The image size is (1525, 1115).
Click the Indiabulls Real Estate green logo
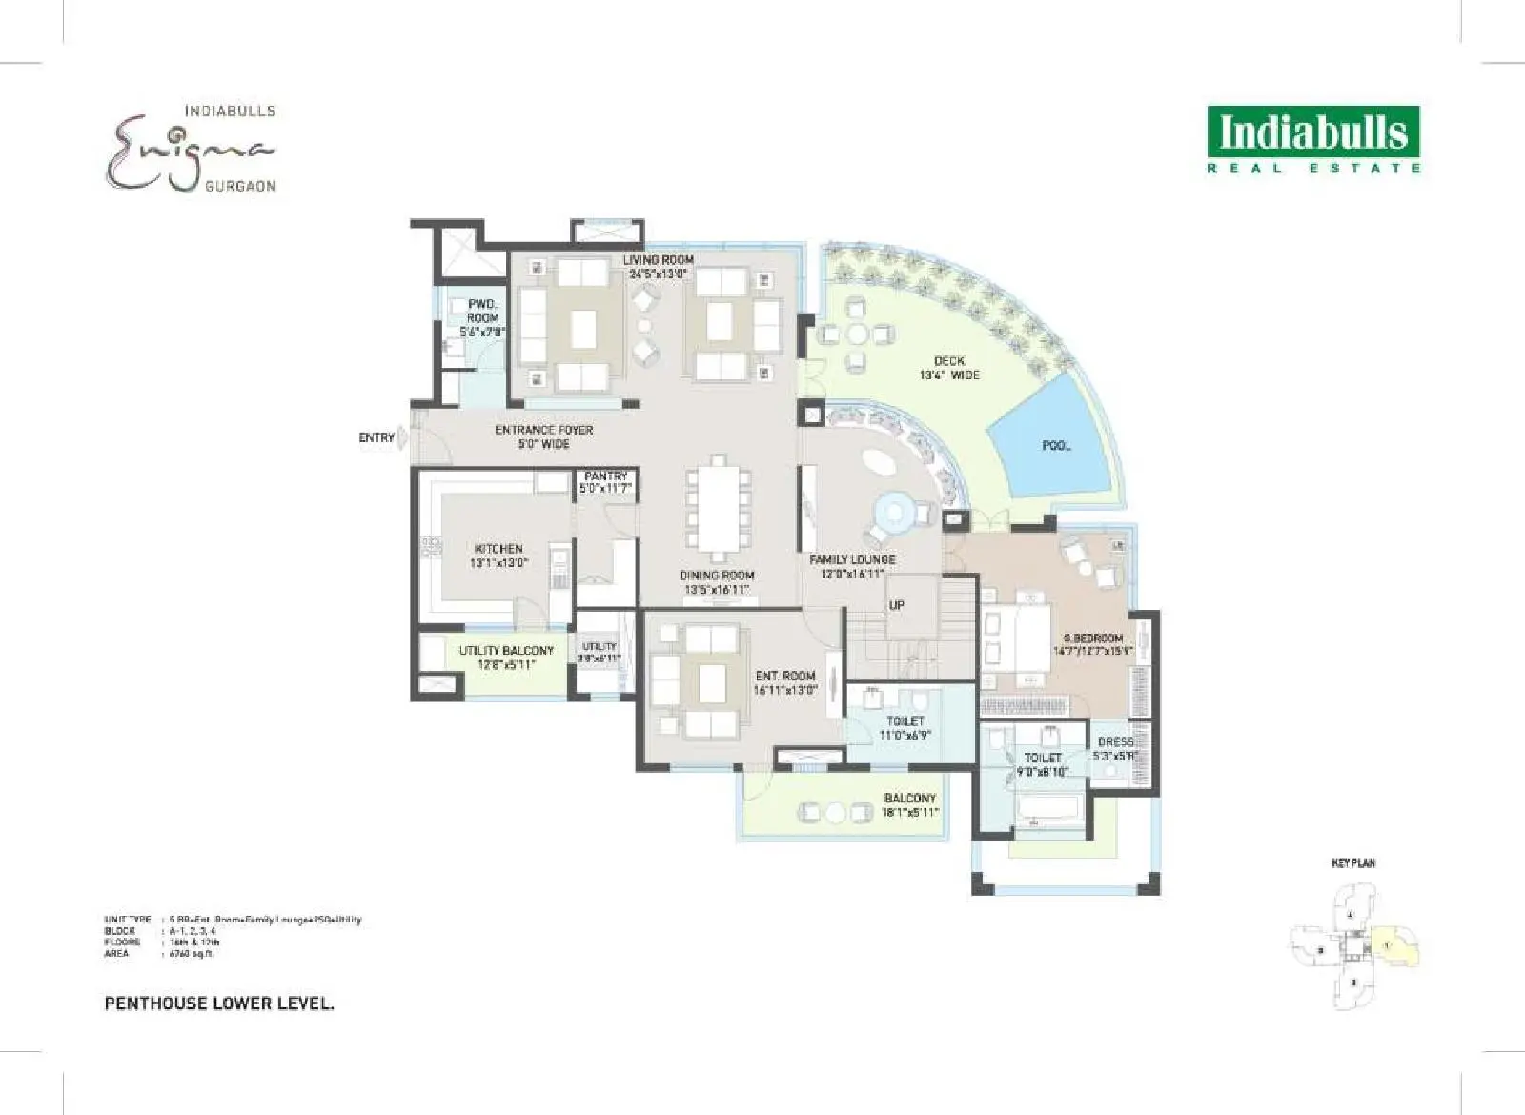1313,139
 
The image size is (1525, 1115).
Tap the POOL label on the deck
1056,445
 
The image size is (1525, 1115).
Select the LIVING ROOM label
658,260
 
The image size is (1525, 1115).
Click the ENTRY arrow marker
402,437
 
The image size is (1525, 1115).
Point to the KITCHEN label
498,549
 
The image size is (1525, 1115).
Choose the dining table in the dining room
718,510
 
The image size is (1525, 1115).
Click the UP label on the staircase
897,605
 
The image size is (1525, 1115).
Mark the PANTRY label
606,476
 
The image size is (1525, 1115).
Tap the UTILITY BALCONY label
506,651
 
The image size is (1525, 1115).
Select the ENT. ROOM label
785,676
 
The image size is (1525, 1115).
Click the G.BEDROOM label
1093,639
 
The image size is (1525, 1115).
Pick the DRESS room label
1115,742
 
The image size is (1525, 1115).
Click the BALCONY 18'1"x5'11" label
909,799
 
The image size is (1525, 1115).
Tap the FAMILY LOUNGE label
852,560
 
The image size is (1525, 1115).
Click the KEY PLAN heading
1352,863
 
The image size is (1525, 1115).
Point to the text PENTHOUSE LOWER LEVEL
219,1003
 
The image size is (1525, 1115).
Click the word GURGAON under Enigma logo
240,186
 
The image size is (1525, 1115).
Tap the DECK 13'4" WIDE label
949,361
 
